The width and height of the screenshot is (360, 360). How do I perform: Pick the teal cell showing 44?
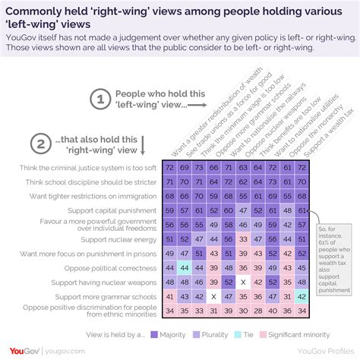click(183, 267)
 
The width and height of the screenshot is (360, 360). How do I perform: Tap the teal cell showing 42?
click(302, 296)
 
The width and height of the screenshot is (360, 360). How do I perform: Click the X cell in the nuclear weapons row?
click(243, 282)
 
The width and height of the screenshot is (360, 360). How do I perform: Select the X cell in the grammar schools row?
click(213, 296)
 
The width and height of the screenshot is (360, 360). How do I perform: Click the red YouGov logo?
click(27, 350)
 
